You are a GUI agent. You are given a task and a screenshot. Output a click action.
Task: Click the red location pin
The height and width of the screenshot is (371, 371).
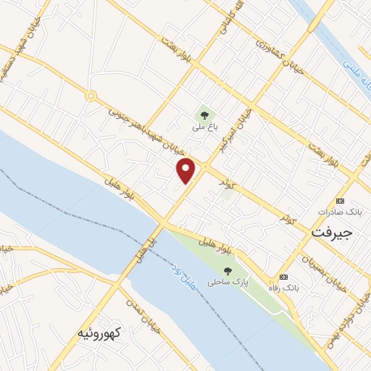[186, 170]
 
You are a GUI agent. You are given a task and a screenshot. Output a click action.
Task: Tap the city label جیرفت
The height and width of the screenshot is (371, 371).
[331, 233]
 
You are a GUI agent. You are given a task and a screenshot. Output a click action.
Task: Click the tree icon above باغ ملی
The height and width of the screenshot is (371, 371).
[204, 114]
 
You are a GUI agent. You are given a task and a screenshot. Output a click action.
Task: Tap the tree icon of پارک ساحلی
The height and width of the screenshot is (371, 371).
[228, 271]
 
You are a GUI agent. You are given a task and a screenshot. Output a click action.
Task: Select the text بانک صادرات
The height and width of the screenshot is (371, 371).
[338, 212]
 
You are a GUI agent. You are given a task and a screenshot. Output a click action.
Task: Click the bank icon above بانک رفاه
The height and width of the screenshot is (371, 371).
[283, 277]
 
